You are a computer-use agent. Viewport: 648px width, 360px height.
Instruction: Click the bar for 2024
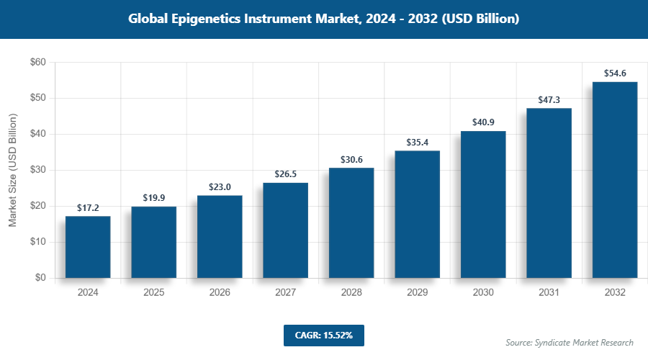88,247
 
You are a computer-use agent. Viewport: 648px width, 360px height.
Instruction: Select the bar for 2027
285,230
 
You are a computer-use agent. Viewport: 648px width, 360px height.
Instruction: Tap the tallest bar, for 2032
614,180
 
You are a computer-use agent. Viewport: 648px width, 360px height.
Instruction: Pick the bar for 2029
417,214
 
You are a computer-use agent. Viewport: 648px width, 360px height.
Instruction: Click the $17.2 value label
88,208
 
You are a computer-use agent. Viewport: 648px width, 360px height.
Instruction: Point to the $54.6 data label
614,73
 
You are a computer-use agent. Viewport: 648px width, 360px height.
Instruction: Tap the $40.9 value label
482,122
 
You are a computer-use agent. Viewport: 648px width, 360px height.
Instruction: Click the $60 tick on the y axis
37,63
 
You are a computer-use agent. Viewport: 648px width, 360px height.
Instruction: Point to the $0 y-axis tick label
40,278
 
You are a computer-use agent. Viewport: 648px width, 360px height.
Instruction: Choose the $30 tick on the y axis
37,171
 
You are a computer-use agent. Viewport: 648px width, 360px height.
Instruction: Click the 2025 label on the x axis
153,293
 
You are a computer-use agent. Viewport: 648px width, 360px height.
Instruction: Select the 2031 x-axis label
549,293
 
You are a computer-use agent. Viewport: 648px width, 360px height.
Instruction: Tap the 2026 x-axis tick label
220,293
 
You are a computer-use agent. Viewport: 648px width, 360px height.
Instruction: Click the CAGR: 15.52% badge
323,336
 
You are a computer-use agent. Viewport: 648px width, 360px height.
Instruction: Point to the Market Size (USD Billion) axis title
12,171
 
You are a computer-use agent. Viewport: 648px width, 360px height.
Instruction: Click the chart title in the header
324,19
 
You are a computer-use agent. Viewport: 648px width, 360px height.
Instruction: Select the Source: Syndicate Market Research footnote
569,342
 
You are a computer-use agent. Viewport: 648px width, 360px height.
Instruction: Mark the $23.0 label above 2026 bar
220,187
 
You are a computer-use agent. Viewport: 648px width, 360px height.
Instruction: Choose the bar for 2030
482,204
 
